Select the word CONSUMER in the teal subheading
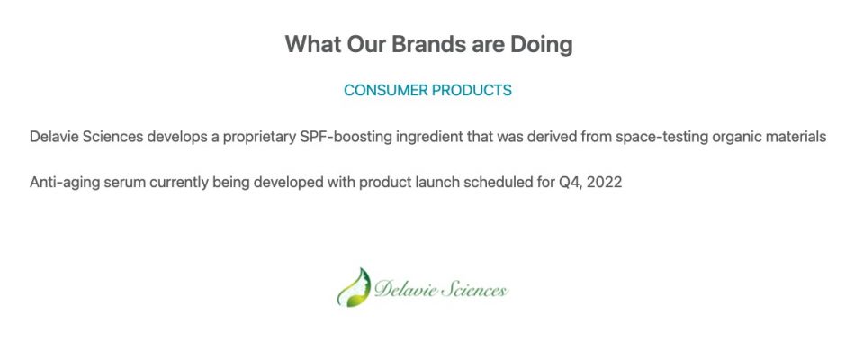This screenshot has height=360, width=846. click(x=386, y=90)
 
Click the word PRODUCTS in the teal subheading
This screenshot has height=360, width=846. click(x=472, y=90)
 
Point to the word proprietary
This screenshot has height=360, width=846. click(x=259, y=138)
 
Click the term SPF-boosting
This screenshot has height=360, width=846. click(x=346, y=138)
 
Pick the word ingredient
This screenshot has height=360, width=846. click(x=429, y=138)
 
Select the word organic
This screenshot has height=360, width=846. click(x=735, y=138)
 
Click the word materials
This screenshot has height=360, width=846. click(x=794, y=137)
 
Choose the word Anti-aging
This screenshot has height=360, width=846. click(x=65, y=183)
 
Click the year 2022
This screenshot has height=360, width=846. click(x=604, y=183)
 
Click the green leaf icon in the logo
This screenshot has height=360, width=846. click(x=354, y=288)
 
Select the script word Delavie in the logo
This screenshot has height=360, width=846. click(x=405, y=289)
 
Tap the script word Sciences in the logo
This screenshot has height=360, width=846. click(x=473, y=290)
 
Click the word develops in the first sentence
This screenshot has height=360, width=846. click(x=176, y=138)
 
